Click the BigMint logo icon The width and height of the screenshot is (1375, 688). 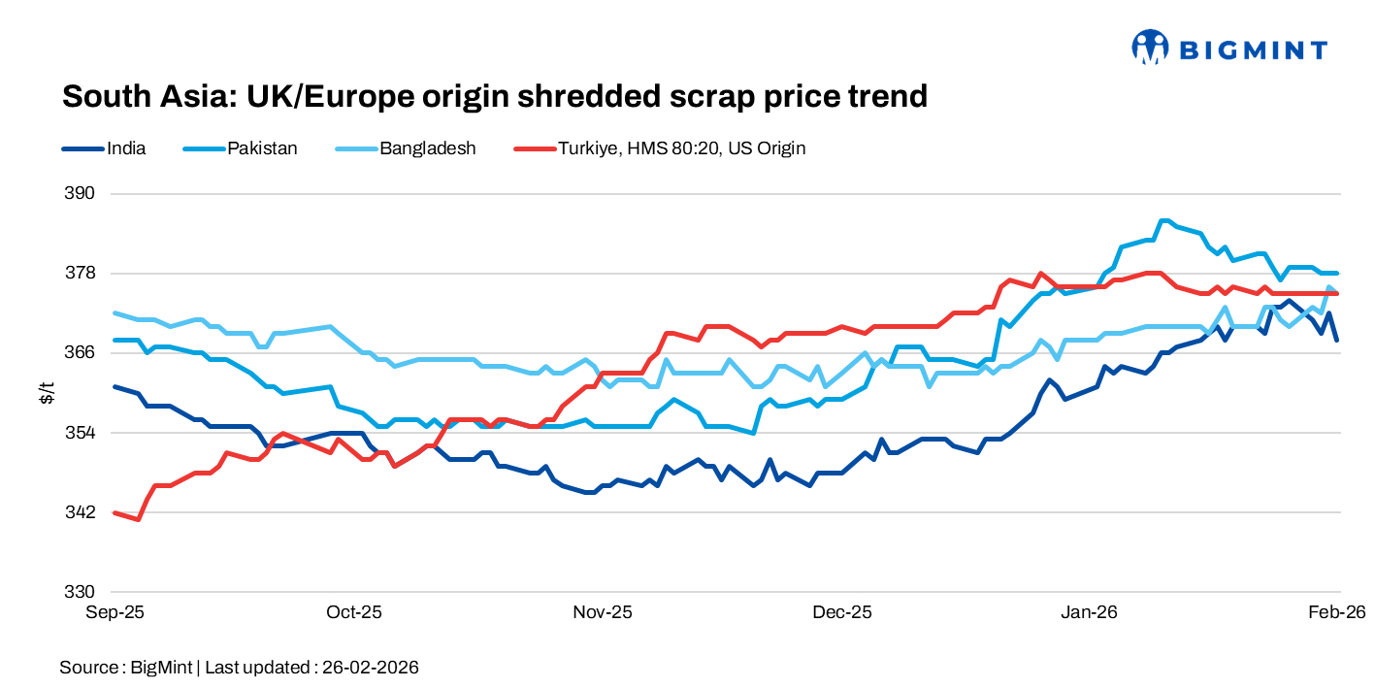(x=1149, y=47)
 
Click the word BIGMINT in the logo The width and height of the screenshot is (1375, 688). (x=1252, y=49)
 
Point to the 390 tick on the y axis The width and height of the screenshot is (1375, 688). (x=82, y=193)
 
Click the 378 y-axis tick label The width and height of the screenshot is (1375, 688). (x=82, y=273)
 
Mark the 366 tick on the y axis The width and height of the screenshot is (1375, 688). (x=82, y=352)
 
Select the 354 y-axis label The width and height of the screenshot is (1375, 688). (x=82, y=432)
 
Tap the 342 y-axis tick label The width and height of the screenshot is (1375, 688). (x=82, y=511)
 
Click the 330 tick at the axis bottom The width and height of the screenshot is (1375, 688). (x=82, y=591)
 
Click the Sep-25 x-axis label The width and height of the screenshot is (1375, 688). (x=115, y=612)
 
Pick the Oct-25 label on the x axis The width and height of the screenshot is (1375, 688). (x=354, y=612)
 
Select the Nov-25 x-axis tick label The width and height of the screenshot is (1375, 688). (x=603, y=612)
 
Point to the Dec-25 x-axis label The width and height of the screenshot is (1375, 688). (x=842, y=612)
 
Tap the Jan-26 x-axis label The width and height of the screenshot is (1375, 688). (x=1089, y=612)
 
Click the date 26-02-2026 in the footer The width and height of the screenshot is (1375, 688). (x=370, y=668)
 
